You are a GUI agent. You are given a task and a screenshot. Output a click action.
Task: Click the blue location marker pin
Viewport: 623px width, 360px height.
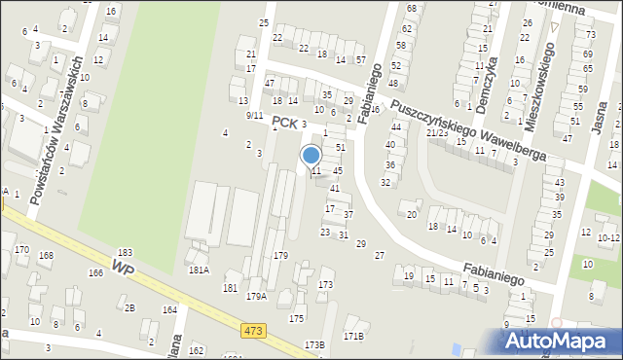click(311, 156)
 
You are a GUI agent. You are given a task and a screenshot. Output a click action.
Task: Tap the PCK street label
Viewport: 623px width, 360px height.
click(283, 123)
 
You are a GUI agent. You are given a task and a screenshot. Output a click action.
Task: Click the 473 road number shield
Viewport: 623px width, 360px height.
click(254, 332)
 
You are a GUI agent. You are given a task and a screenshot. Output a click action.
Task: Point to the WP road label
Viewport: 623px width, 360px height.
click(123, 266)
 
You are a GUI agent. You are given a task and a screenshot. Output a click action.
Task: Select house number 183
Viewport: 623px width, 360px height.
click(125, 253)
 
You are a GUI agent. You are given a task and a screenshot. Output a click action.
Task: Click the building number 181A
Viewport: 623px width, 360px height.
click(199, 270)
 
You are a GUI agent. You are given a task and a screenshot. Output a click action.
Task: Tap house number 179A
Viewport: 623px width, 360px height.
click(257, 296)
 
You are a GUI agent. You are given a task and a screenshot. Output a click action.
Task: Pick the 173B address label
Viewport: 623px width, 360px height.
click(313, 344)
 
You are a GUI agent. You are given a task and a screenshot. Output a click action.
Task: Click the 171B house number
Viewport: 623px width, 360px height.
click(352, 336)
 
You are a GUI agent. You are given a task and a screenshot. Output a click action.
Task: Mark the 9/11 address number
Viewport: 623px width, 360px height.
click(254, 116)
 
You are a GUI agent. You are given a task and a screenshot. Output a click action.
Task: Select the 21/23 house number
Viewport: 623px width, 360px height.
click(436, 132)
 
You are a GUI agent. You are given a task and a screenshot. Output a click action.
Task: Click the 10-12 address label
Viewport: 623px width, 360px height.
click(608, 237)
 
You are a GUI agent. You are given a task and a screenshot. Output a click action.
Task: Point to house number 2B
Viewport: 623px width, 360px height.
click(128, 307)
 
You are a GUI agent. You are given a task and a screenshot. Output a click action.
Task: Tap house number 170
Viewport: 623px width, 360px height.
click(21, 250)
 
